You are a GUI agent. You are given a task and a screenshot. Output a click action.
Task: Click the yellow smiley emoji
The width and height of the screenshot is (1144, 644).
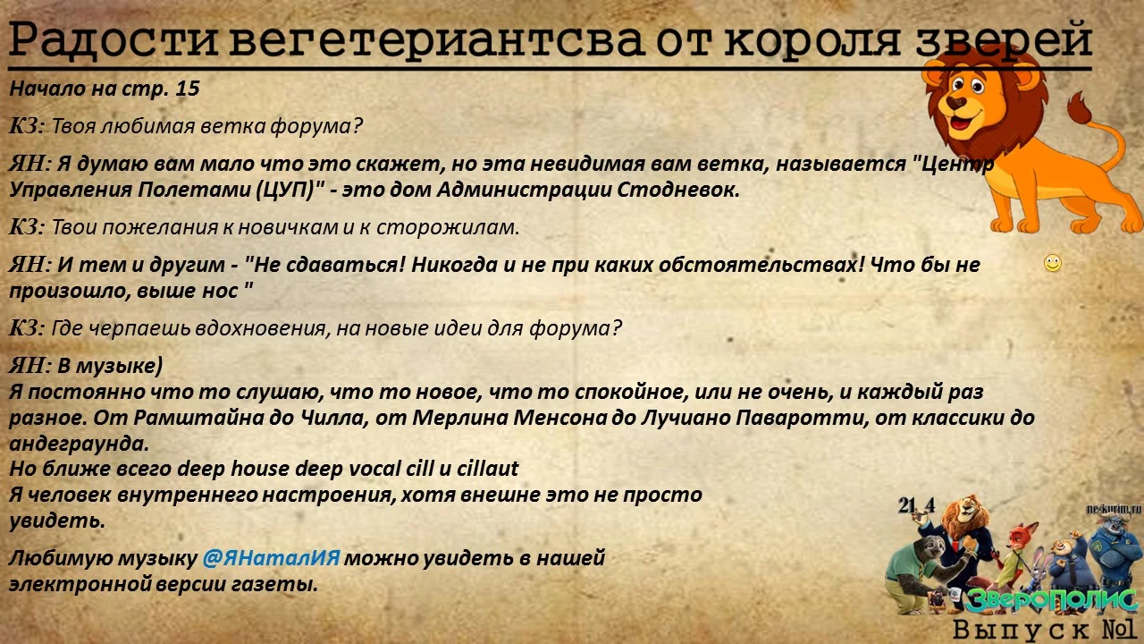(1053, 263)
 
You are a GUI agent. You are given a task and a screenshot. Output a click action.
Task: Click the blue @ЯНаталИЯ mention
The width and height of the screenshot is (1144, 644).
(271, 559)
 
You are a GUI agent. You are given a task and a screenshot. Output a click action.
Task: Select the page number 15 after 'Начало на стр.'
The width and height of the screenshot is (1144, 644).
(188, 89)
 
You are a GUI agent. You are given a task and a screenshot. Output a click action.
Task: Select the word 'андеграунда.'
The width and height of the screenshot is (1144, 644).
(79, 444)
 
